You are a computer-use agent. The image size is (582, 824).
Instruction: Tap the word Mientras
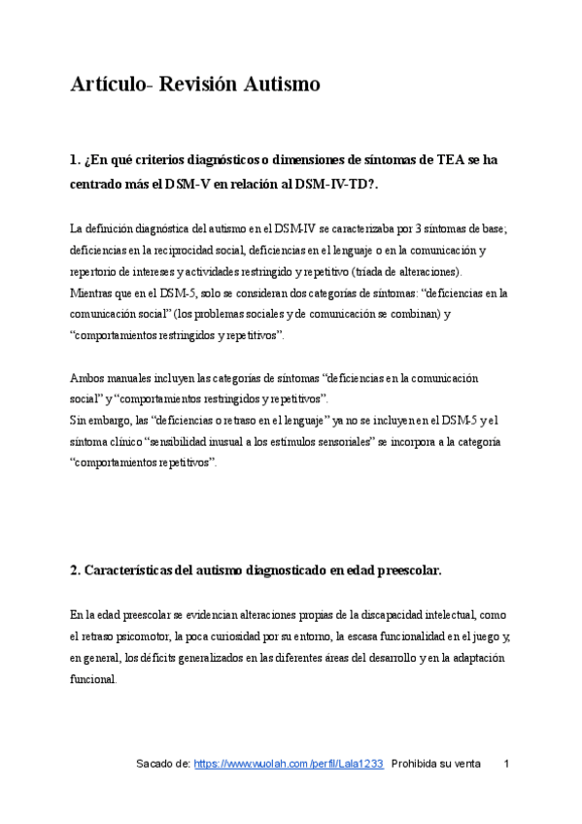(92, 292)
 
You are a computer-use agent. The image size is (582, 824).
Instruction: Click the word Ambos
(87, 377)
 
